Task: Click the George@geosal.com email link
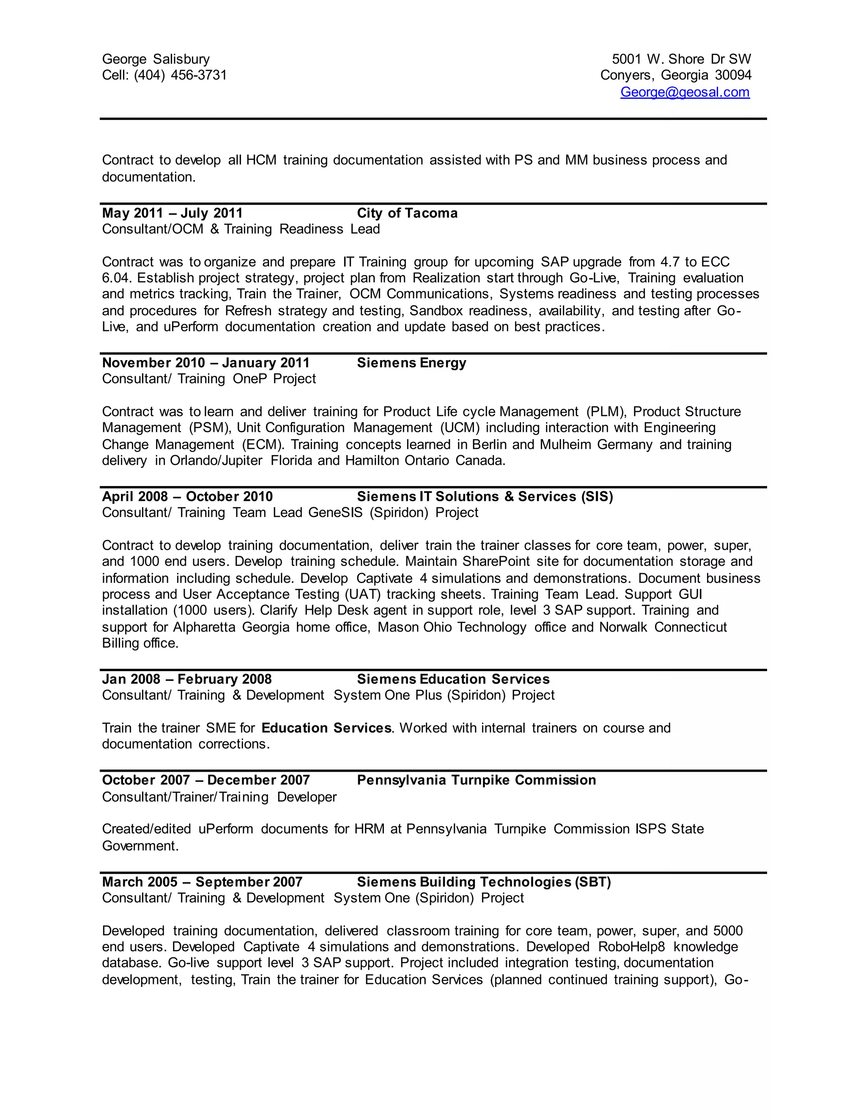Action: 685,92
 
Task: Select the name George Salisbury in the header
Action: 156,59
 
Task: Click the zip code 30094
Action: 733,75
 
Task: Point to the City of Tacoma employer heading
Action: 407,213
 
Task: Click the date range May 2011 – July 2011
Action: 173,213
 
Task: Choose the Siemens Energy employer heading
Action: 411,363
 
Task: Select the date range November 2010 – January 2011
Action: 206,363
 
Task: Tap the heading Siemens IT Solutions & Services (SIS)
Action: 485,497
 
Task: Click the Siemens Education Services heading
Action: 453,679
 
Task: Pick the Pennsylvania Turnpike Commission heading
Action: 476,780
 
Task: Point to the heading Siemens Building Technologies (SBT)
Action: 484,882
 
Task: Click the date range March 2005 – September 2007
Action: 202,882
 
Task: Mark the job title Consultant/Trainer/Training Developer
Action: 219,797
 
